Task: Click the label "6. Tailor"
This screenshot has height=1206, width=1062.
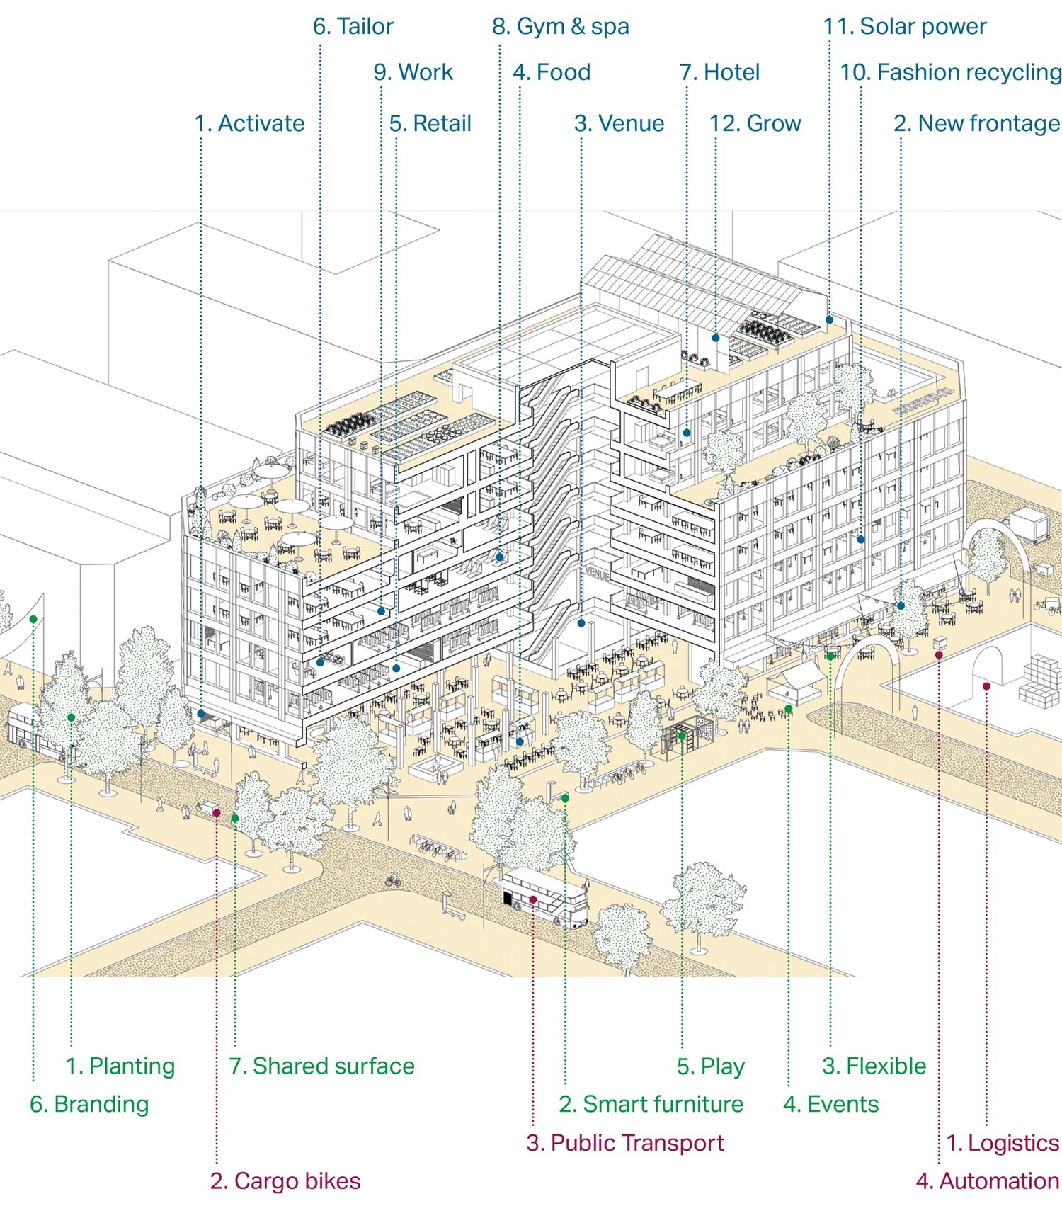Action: pyautogui.click(x=353, y=27)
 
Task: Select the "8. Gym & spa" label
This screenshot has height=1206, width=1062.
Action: pyautogui.click(x=560, y=27)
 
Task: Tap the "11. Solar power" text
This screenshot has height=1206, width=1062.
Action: pyautogui.click(x=904, y=27)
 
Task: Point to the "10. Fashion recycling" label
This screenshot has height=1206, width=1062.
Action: pyautogui.click(x=950, y=72)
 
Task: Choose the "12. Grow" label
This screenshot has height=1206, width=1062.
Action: pyautogui.click(x=755, y=123)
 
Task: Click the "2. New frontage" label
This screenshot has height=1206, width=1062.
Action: pyautogui.click(x=976, y=123)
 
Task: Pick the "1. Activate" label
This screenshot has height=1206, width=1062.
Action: pyautogui.click(x=249, y=123)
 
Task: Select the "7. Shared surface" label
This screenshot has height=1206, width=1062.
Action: pyautogui.click(x=321, y=1066)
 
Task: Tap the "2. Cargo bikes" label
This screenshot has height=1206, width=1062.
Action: pyautogui.click(x=285, y=1181)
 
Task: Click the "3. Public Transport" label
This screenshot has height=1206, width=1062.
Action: pyautogui.click(x=625, y=1143)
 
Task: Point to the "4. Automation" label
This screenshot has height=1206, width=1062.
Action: pyautogui.click(x=987, y=1181)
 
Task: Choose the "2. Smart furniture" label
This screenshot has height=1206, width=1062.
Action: pyautogui.click(x=651, y=1104)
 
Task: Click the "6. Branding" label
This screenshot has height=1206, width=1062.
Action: pyautogui.click(x=89, y=1104)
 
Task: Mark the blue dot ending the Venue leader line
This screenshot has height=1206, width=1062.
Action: pyautogui.click(x=581, y=623)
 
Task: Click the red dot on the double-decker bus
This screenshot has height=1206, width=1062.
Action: pyautogui.click(x=533, y=900)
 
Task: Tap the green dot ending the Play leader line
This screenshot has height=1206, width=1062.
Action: pyautogui.click(x=682, y=736)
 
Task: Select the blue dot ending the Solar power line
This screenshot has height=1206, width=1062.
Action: pyautogui.click(x=830, y=320)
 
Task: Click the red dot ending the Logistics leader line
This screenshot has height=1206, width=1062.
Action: pyautogui.click(x=986, y=686)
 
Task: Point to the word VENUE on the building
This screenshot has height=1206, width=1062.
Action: pyautogui.click(x=598, y=574)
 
